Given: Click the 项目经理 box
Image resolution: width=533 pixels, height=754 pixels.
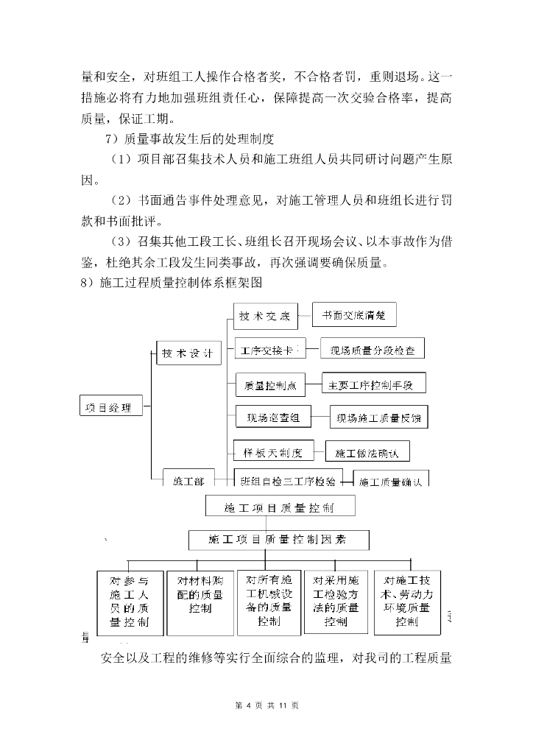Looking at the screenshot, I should tap(110, 406).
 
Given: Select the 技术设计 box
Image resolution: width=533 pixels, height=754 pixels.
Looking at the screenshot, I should tap(190, 353).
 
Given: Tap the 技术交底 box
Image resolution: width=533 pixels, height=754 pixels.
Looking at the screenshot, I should tap(265, 317).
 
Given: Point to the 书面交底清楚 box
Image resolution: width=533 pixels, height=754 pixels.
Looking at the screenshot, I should tap(354, 315).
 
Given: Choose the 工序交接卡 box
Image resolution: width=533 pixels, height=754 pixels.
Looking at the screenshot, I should tap(270, 351).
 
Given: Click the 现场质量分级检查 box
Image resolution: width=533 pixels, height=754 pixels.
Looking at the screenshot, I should tap(373, 350).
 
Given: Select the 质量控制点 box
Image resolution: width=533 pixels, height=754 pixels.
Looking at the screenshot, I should tap(272, 384).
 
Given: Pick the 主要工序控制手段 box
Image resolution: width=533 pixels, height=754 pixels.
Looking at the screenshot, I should tap(374, 384).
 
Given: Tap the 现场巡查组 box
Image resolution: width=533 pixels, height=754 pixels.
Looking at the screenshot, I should tap(273, 417).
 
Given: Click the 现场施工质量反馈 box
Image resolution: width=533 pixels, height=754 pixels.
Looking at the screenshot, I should tap(378, 417).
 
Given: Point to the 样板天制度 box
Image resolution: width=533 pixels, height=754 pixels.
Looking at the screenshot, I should tap(273, 450).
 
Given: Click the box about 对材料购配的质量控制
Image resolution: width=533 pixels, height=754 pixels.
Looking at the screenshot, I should tap(200, 601).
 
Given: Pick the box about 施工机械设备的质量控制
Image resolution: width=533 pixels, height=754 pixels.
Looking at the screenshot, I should tap(269, 601).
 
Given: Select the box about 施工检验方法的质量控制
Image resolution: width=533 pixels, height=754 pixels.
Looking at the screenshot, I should tap(336, 601).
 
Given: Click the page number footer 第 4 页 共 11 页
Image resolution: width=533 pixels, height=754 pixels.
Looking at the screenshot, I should tap(266, 705).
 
